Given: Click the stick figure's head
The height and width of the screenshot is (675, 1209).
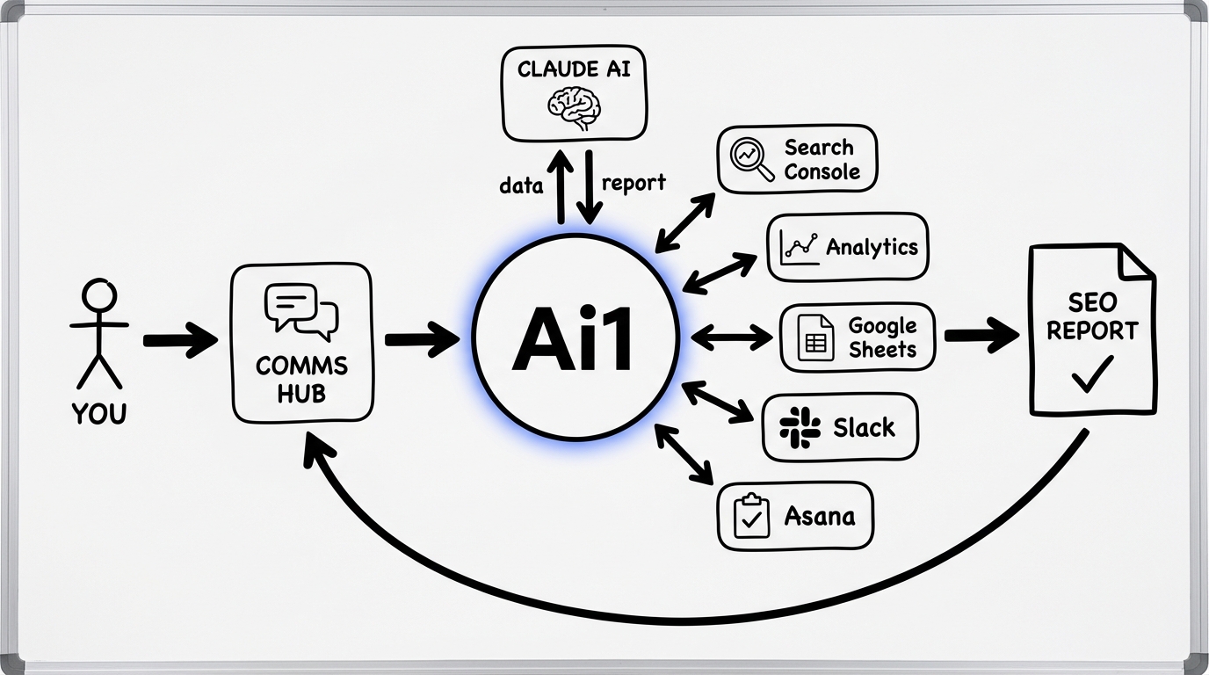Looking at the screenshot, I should click(x=98, y=295).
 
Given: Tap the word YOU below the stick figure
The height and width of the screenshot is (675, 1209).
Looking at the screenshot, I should click(x=98, y=413).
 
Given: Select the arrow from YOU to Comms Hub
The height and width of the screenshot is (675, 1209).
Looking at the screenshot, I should click(x=179, y=339).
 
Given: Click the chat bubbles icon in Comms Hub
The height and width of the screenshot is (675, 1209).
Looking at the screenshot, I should click(x=301, y=308).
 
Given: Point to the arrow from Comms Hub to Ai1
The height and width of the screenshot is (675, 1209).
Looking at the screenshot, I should click(x=421, y=339).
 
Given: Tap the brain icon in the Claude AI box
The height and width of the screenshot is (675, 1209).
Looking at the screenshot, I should click(x=573, y=108).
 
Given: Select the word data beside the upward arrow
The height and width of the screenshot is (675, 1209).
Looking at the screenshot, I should click(x=520, y=185).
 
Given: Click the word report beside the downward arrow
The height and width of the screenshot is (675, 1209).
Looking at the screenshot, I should click(x=633, y=183).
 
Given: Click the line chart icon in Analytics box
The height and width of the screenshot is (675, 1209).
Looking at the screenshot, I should click(x=799, y=247).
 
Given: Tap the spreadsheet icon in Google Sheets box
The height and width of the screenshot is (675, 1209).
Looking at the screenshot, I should click(x=815, y=338).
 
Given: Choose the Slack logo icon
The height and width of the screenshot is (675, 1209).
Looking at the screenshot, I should click(x=800, y=428).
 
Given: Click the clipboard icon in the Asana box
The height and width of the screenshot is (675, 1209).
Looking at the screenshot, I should click(x=749, y=516).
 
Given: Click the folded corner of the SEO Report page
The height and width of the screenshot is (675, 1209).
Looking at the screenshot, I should click(x=1136, y=261).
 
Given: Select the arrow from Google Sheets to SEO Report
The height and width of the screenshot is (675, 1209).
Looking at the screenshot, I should click(x=981, y=336).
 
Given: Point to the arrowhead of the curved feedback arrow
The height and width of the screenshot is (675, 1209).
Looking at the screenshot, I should click(x=316, y=448).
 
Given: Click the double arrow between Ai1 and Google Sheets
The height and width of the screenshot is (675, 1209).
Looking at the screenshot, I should click(x=732, y=337).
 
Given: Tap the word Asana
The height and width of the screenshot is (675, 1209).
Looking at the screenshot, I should click(x=819, y=516).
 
